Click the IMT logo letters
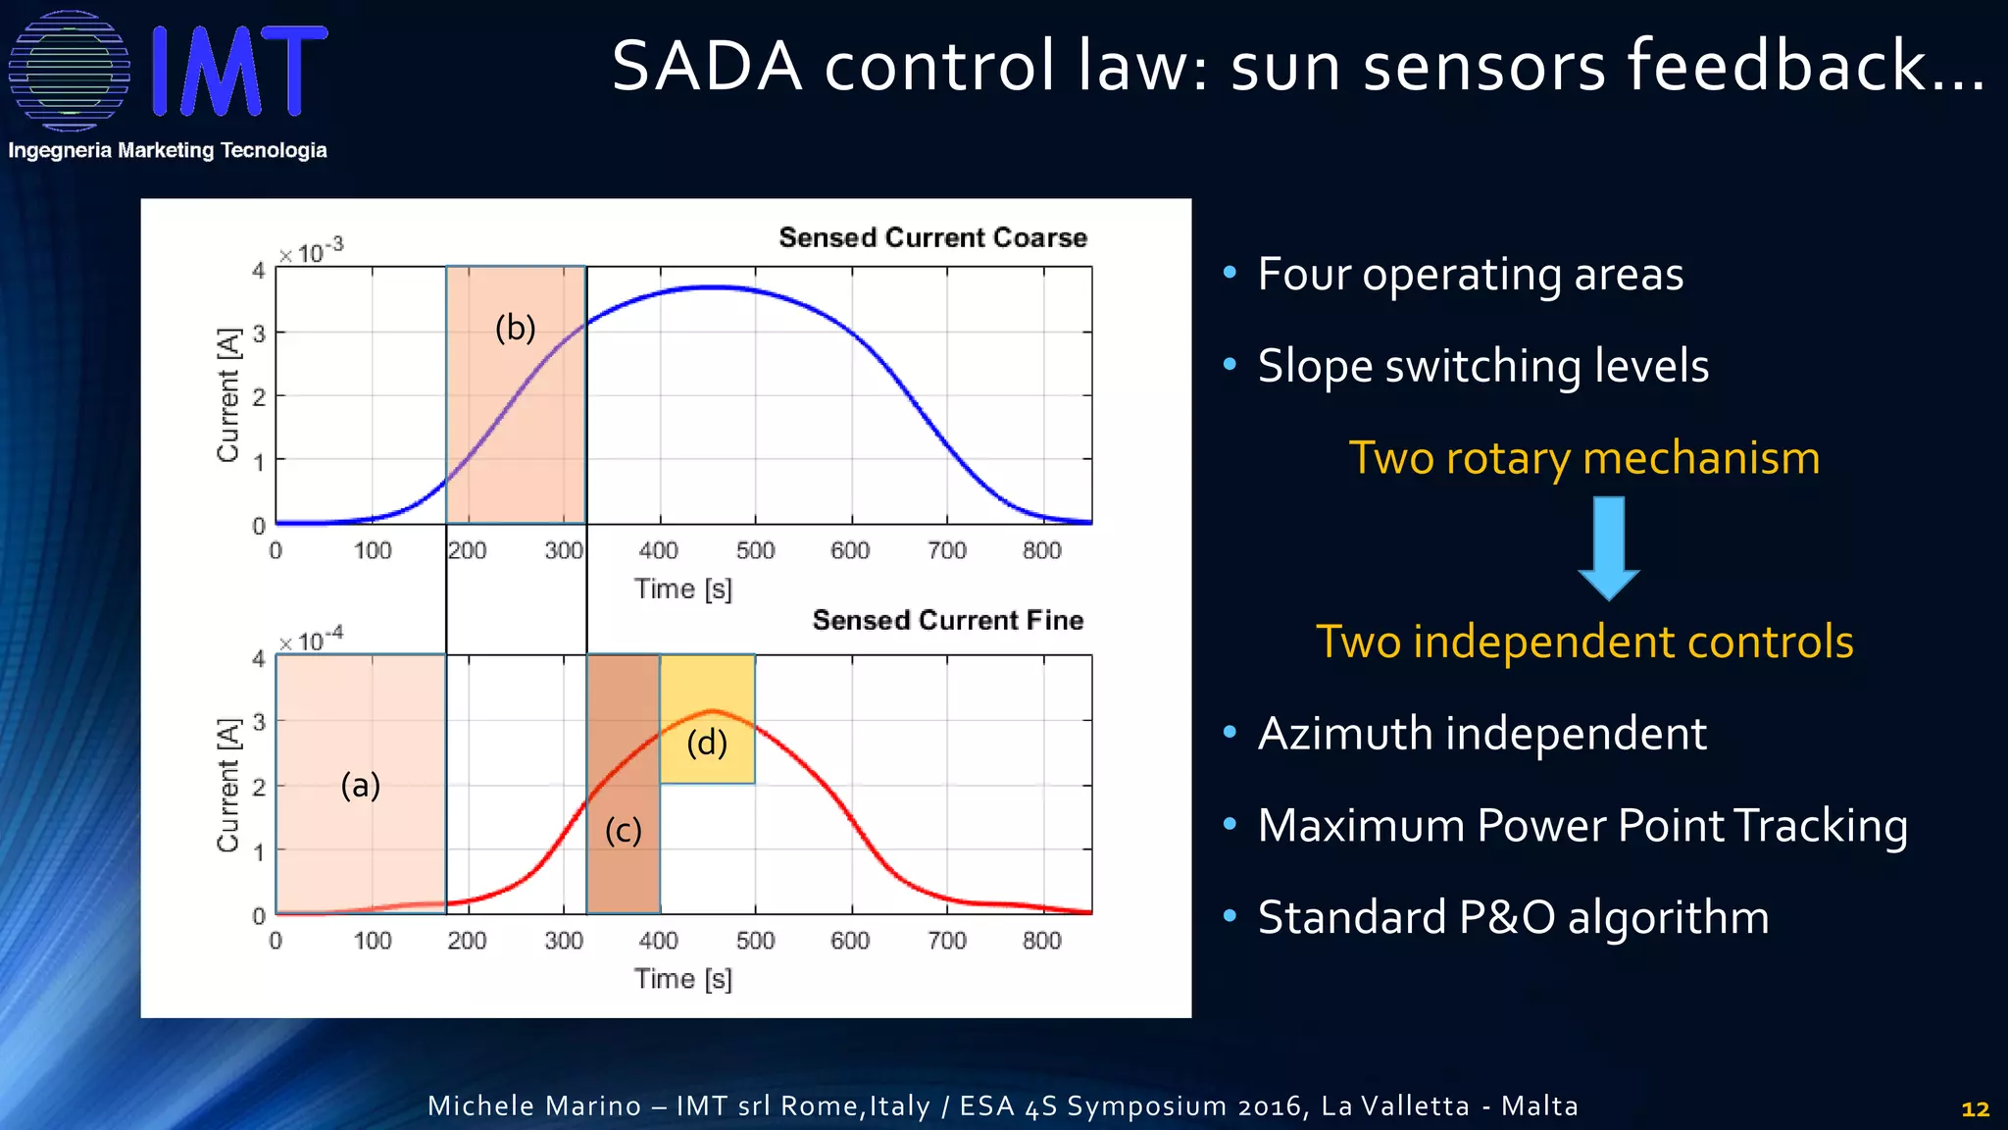pyautogui.click(x=239, y=71)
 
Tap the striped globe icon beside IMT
pyautogui.click(x=69, y=71)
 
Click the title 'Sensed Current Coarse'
pyautogui.click(x=932, y=237)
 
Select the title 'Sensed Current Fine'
pyautogui.click(x=947, y=620)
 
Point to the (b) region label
pyautogui.click(x=515, y=328)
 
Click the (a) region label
pyautogui.click(x=360, y=785)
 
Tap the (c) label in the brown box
pyautogui.click(x=623, y=831)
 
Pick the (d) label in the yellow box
pyautogui.click(x=707, y=743)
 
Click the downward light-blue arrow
pyautogui.click(x=1608, y=547)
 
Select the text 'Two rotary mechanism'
pyautogui.click(x=1583, y=458)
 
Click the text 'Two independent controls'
pyautogui.click(x=1583, y=642)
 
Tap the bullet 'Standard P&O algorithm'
pyautogui.click(x=1513, y=918)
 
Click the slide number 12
pyautogui.click(x=1975, y=1108)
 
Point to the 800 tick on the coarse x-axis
pyautogui.click(x=1041, y=550)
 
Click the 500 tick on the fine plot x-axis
pyautogui.click(x=755, y=941)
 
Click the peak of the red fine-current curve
pyautogui.click(x=713, y=710)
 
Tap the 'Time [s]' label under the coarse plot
pyautogui.click(x=682, y=589)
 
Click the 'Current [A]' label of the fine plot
pyautogui.click(x=228, y=785)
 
